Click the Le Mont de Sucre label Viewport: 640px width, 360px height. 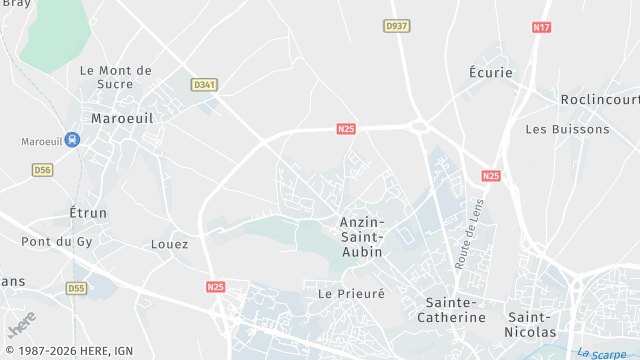[115, 78]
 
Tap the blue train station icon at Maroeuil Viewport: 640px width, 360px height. [72, 141]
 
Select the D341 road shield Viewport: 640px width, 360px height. [203, 85]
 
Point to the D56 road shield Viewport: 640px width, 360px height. [42, 170]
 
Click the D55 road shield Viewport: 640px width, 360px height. [77, 288]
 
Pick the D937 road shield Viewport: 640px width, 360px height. [397, 26]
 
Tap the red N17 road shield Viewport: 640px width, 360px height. [542, 27]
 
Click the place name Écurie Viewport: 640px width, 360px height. [490, 73]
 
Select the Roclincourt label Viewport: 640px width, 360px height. [599, 100]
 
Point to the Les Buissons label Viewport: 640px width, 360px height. [567, 129]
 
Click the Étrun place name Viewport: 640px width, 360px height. [87, 213]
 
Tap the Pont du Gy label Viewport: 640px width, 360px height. [56, 241]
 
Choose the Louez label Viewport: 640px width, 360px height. [169, 244]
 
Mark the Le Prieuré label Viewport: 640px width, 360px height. [351, 294]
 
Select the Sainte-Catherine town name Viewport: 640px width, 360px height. [455, 310]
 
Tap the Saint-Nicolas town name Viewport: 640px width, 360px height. [545, 310]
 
